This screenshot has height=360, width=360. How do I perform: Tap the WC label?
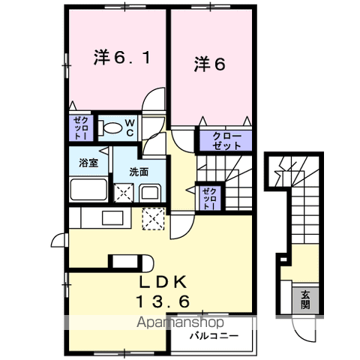128,127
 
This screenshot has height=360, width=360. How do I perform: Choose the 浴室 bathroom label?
88,163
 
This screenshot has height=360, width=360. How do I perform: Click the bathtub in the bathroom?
88,188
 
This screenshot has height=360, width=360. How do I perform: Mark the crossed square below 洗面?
123,193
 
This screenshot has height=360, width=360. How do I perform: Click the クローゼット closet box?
226,141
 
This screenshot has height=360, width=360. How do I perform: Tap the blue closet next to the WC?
79,128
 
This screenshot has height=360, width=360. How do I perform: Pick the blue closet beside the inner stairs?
208,199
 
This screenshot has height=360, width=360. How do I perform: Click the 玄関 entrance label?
307,299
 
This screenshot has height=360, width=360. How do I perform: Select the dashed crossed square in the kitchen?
155,219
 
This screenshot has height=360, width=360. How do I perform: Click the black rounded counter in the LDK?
128,262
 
